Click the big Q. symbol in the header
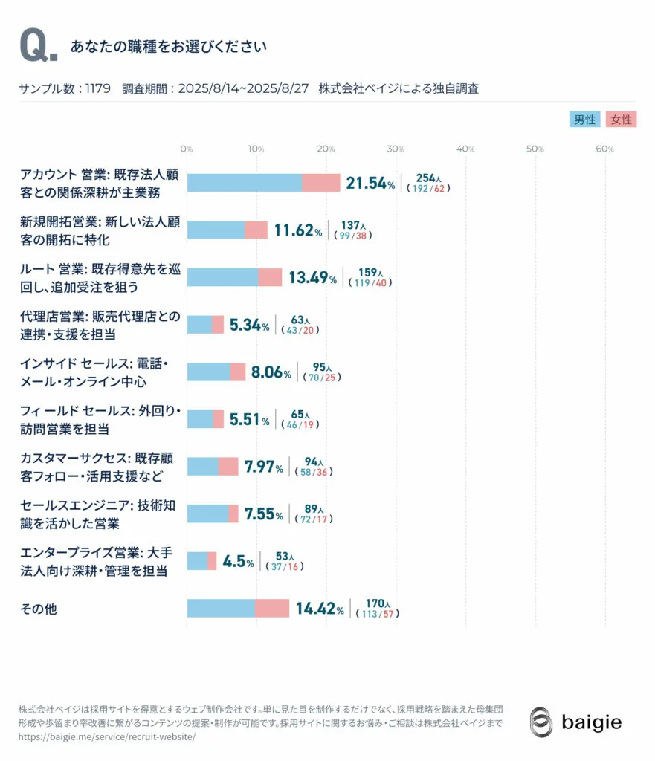(37, 47)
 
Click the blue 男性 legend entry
(584, 120)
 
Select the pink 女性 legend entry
(621, 120)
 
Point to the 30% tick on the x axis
(396, 149)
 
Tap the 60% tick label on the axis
(605, 149)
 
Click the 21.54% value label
(370, 184)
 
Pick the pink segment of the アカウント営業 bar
(321, 183)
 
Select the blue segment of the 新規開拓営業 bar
(216, 230)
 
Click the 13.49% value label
(312, 278)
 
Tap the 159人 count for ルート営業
(367, 273)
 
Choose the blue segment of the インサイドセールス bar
(208, 372)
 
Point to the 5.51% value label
(249, 420)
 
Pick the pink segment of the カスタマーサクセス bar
(228, 467)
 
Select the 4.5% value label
(238, 562)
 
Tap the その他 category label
(39, 609)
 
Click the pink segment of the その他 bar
(272, 609)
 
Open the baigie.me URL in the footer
(107, 737)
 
